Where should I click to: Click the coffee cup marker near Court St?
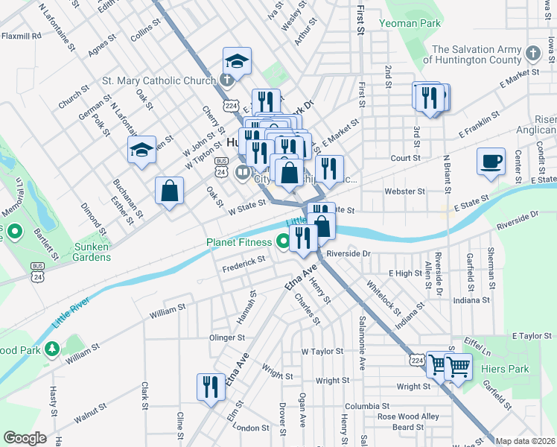[491, 162]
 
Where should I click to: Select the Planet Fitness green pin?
[283, 241]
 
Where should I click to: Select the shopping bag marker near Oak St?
[170, 191]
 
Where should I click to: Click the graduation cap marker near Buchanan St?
[141, 151]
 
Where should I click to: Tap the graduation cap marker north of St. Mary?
[237, 62]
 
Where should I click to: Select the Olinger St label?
[227, 337]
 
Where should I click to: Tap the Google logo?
[25, 438]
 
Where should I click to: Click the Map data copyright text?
[525, 441]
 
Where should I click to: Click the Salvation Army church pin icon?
[532, 54]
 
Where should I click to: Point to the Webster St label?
[404, 191]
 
